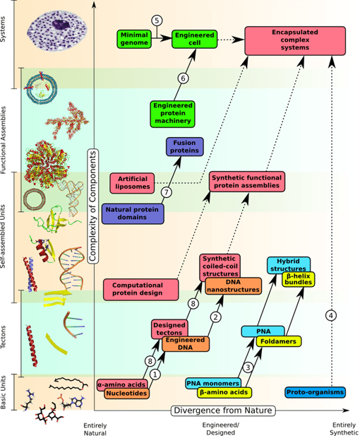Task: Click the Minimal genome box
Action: [135, 39]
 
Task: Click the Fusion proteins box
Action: [184, 146]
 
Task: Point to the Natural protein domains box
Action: [133, 213]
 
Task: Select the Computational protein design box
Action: [138, 288]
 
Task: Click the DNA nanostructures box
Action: [234, 286]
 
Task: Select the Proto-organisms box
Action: [315, 392]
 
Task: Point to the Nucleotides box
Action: [126, 394]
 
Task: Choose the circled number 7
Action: [166, 192]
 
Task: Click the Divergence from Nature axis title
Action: [226, 409]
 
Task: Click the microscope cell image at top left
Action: [57, 31]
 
